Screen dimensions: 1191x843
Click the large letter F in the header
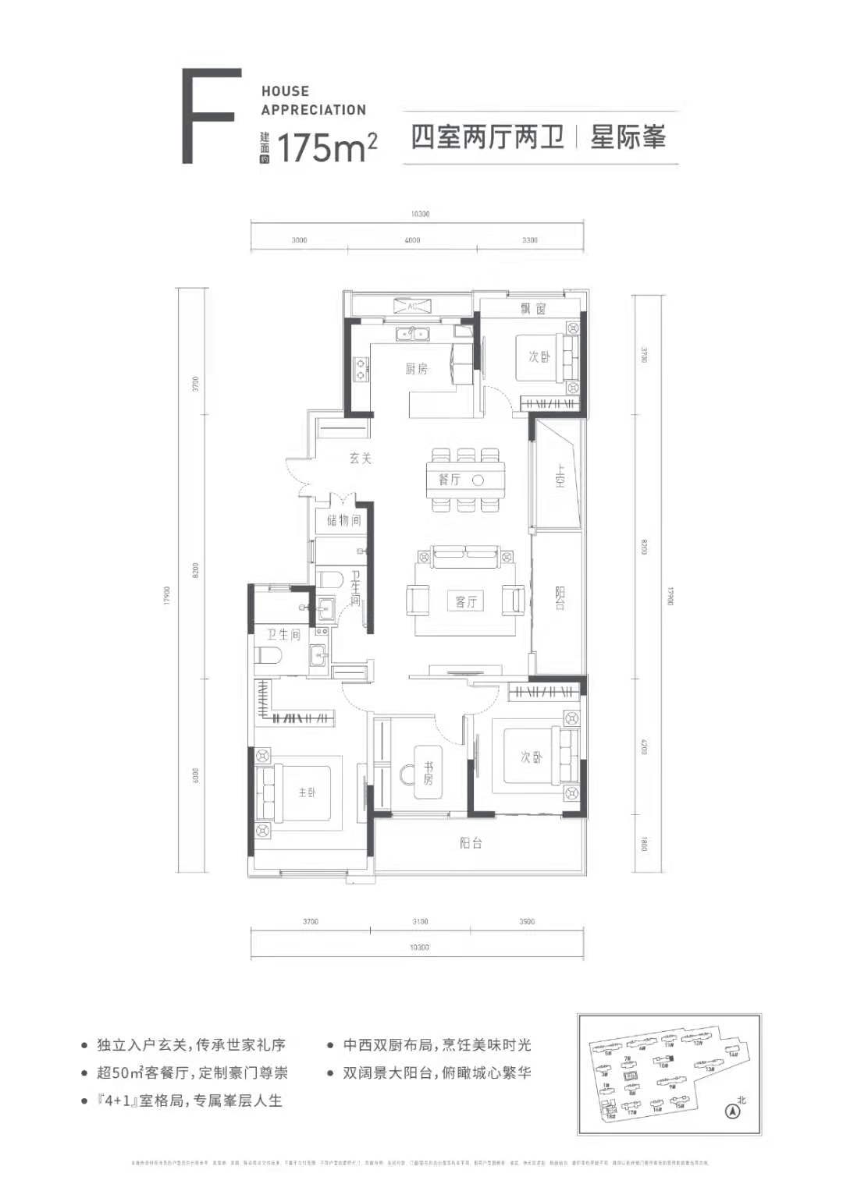click(x=208, y=116)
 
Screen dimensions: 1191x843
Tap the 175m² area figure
click(x=327, y=147)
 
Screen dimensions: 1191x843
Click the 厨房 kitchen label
click(x=416, y=369)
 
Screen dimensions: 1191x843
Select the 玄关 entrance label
click(x=360, y=459)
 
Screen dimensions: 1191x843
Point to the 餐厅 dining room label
click(x=450, y=480)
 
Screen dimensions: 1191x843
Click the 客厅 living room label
click(x=466, y=601)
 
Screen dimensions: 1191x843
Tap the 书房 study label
click(x=427, y=773)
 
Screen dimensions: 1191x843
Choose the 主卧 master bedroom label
click(x=307, y=792)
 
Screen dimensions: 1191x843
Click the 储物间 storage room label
click(x=343, y=520)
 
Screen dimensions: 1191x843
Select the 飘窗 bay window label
click(x=534, y=309)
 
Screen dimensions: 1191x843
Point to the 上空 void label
click(x=560, y=477)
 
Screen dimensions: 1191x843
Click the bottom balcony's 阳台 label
click(x=471, y=842)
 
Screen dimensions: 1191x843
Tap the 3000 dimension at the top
click(x=299, y=240)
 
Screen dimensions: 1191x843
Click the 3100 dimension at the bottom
click(x=420, y=922)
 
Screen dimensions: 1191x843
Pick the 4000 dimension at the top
click(x=412, y=240)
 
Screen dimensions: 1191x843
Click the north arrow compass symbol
click(x=732, y=1111)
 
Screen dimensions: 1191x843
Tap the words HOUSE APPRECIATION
click(x=313, y=101)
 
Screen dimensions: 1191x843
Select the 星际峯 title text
click(x=628, y=138)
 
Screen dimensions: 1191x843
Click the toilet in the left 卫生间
click(x=266, y=655)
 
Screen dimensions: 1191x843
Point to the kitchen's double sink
click(x=411, y=335)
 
